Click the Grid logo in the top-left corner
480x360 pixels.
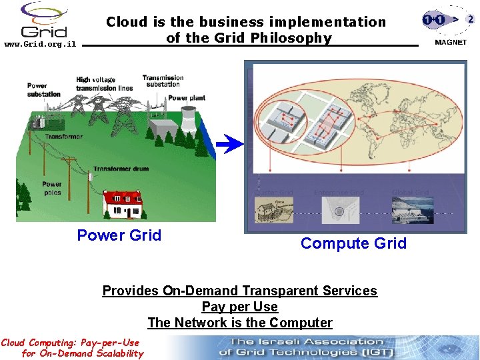pos(44,20)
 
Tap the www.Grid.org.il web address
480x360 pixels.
pos(40,45)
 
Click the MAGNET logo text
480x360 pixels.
pos(451,42)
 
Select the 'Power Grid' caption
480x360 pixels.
pos(119,235)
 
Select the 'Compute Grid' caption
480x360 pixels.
pos(353,243)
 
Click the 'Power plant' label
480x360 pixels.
pos(187,98)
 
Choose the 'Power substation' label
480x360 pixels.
pos(44,89)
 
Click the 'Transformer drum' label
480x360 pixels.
pos(121,169)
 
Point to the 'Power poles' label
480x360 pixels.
pos(52,188)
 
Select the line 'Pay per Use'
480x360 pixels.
pos(239,307)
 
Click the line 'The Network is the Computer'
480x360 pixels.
pos(239,323)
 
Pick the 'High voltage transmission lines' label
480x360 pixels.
pos(104,84)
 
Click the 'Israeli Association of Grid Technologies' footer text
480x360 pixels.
pos(307,347)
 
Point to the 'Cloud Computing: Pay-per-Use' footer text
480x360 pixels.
pos(70,343)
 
